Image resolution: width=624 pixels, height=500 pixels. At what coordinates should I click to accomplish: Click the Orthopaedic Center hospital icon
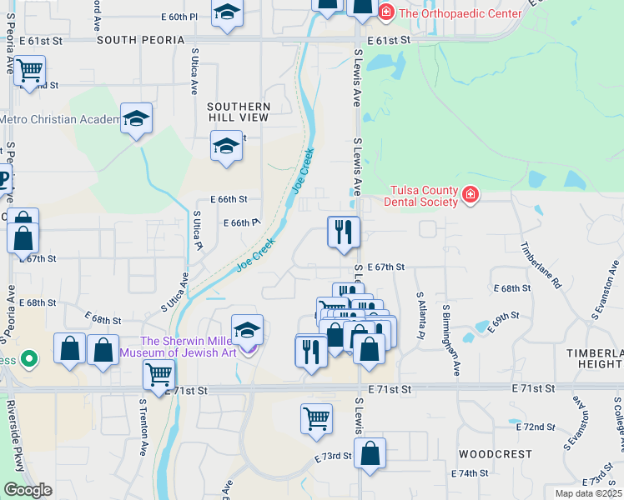[385, 12]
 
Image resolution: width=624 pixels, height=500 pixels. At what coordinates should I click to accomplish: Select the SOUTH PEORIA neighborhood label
[140, 40]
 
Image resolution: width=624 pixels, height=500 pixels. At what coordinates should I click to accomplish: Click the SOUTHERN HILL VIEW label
[239, 112]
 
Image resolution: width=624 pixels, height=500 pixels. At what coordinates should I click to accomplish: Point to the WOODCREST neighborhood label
[495, 454]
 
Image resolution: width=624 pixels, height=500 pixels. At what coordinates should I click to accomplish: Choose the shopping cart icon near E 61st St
[29, 70]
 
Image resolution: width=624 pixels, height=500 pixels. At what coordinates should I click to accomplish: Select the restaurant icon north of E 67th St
[343, 232]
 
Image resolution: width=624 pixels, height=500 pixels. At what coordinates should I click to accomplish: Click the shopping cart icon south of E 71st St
[316, 418]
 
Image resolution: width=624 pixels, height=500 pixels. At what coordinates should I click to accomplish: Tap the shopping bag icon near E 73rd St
[370, 454]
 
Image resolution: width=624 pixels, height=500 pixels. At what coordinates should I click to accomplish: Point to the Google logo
[28, 490]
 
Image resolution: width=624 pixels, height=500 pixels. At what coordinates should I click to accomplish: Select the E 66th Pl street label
[242, 222]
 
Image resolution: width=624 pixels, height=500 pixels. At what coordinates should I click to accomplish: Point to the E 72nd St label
[536, 427]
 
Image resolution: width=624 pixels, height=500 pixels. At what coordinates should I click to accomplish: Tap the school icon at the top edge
[226, 14]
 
